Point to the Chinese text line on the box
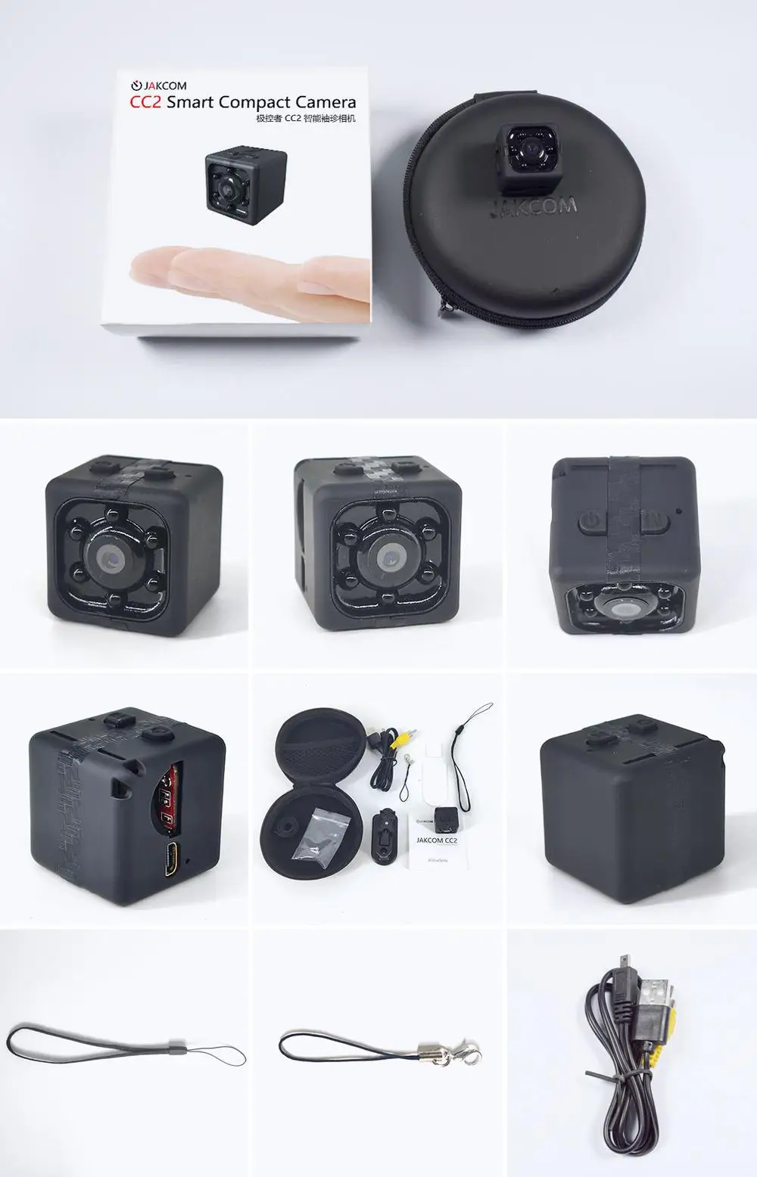pyautogui.click(x=305, y=120)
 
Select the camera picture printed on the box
pyautogui.click(x=246, y=182)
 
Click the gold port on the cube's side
pyautogui.click(x=173, y=856)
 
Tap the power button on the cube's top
pyautogui.click(x=591, y=520)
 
